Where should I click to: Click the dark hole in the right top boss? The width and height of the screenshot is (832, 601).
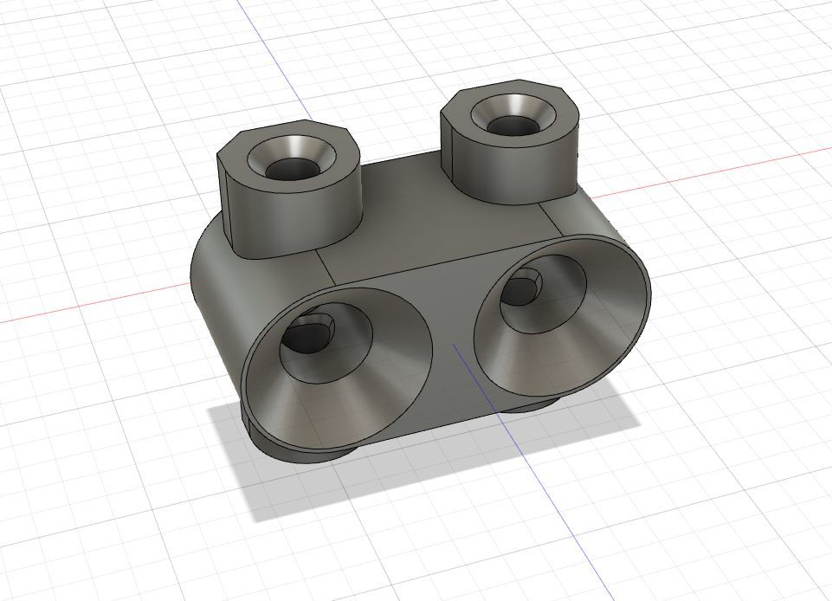pyautogui.click(x=511, y=126)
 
